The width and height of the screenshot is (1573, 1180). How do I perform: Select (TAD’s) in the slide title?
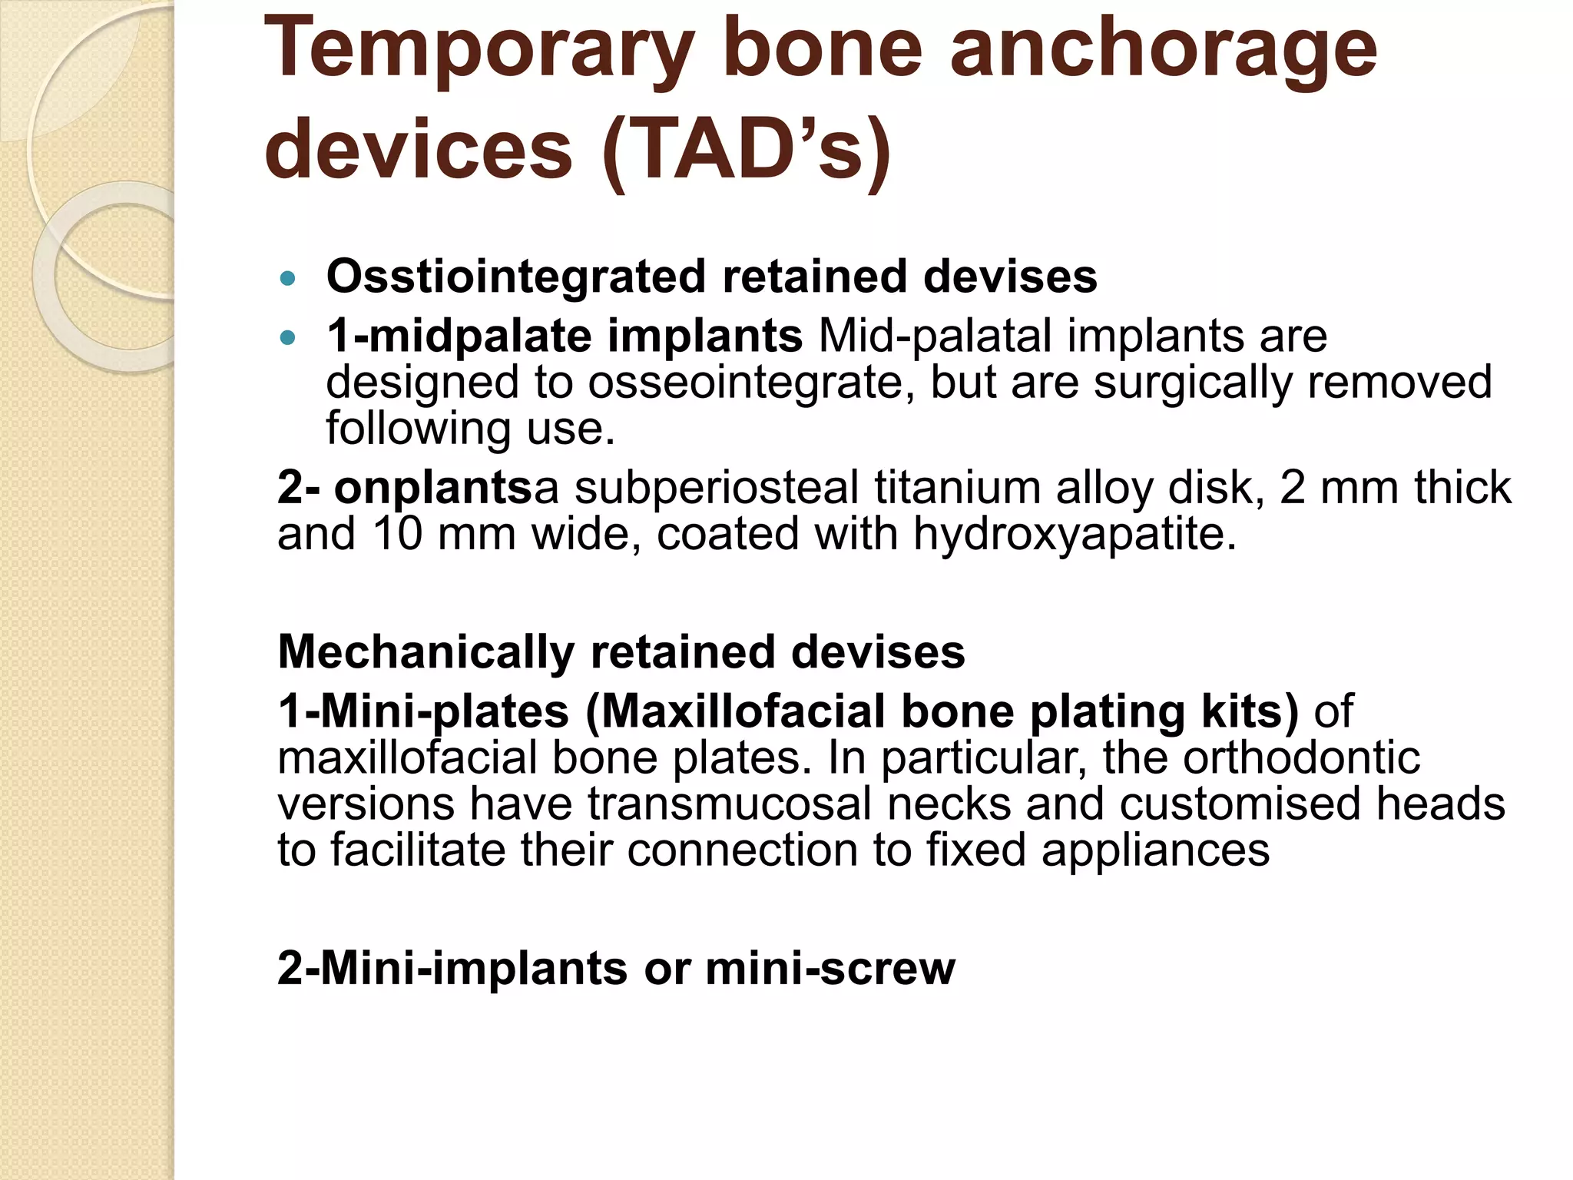point(747,150)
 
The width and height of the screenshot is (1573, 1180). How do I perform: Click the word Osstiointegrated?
point(515,277)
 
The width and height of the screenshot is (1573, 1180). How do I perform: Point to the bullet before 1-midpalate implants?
point(288,337)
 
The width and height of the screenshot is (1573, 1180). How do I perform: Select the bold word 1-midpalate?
point(459,336)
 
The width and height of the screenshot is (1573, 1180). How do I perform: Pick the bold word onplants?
point(433,488)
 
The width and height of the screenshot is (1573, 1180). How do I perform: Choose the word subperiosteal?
point(716,488)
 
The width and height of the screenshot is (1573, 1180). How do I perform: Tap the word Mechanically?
point(426,652)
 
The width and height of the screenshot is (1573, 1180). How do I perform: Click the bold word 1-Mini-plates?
point(423,711)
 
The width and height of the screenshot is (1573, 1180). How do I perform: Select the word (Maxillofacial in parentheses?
point(734,711)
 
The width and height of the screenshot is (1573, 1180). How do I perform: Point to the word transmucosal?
point(730,804)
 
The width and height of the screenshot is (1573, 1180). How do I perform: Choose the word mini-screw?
point(830,968)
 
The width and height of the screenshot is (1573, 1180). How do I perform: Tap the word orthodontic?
point(1300,757)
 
